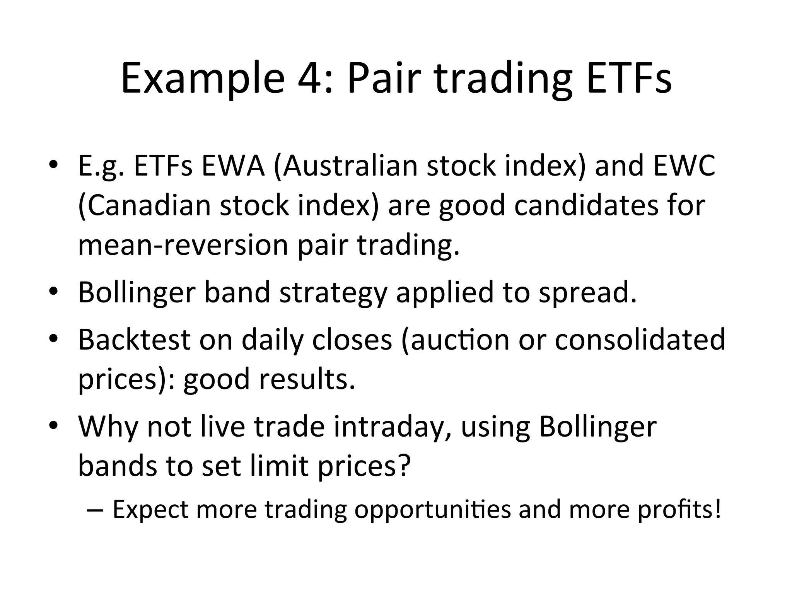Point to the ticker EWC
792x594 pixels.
coord(684,166)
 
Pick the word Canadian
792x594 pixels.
coord(145,205)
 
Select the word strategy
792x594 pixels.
coord(333,292)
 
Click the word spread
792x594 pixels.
coord(587,292)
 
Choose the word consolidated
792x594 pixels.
coord(640,340)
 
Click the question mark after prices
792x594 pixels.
coord(403,466)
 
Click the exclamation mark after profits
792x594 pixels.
coord(718,509)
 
